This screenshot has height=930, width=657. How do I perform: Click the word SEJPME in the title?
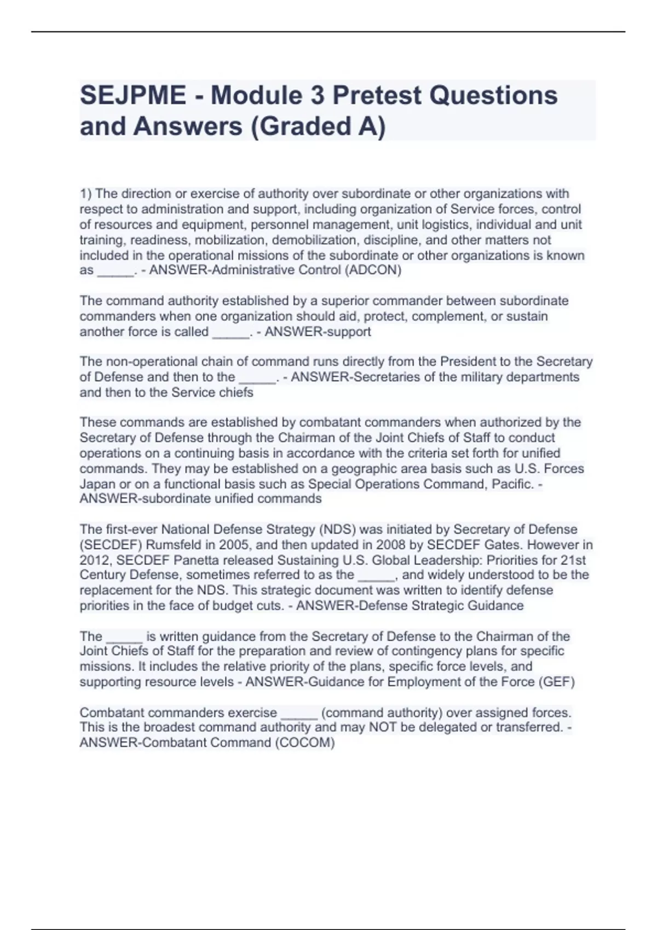[133, 96]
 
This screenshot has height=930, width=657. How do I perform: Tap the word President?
[468, 362]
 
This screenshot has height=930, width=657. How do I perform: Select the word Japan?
[97, 484]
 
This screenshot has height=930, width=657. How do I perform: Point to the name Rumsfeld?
[190, 545]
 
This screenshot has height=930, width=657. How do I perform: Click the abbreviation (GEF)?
[557, 682]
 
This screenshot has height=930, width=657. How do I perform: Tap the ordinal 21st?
[573, 560]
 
